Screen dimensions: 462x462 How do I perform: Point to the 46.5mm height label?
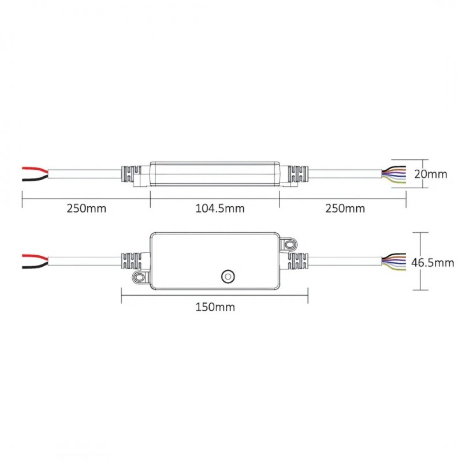(x=433, y=263)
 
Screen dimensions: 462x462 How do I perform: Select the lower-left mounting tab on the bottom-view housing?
(x=139, y=277)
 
